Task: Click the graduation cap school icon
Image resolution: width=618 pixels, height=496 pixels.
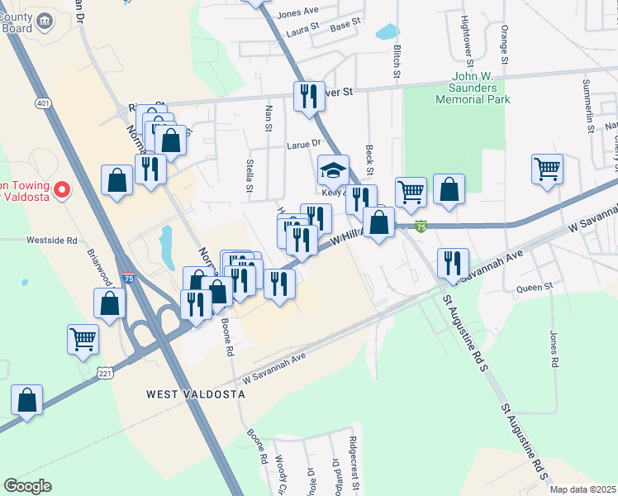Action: (333, 172)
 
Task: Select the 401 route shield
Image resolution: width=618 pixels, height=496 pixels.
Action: (42, 103)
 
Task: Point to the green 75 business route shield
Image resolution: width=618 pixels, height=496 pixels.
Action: (421, 226)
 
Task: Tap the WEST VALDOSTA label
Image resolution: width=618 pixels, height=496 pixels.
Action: (196, 395)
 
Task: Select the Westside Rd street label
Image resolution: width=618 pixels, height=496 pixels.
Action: (51, 241)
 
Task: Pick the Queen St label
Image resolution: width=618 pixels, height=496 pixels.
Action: (534, 288)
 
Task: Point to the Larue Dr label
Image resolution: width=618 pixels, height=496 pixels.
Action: (302, 144)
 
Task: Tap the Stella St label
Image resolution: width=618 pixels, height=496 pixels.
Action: (249, 175)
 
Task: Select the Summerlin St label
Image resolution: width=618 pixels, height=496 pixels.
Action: (589, 107)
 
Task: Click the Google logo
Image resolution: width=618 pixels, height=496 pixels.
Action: (27, 486)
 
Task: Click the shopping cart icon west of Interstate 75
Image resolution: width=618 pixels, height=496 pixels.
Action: (83, 338)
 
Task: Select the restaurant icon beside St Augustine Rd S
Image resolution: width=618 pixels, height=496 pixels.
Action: (453, 263)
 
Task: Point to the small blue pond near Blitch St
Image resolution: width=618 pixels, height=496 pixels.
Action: (386, 32)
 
